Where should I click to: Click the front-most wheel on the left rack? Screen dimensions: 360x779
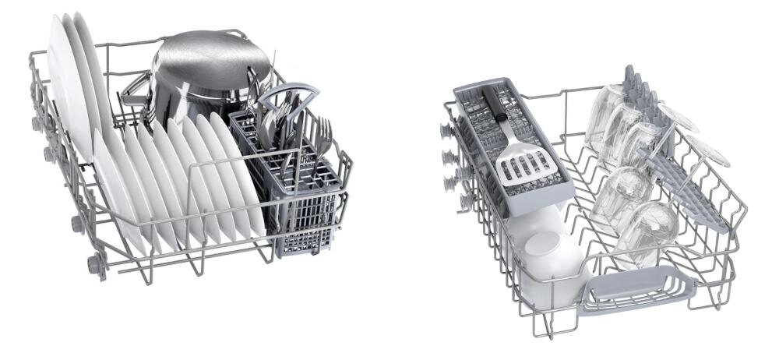tap(96, 265)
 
